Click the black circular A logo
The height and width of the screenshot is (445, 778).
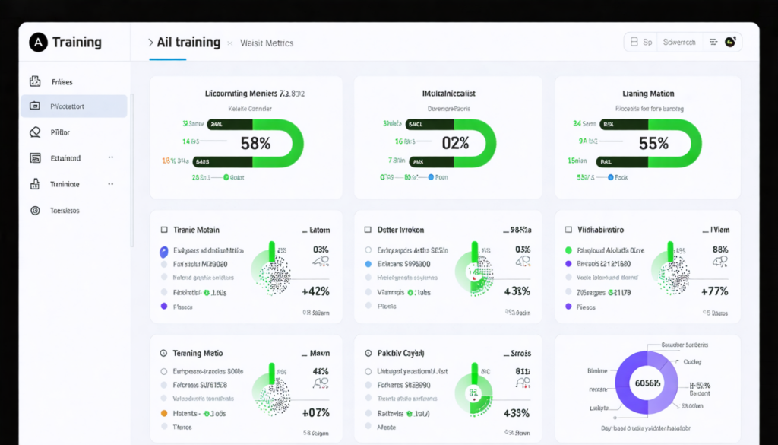39,43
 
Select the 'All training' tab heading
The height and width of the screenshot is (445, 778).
188,43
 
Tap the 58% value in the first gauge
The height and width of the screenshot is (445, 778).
255,143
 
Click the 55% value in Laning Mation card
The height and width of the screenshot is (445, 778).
653,143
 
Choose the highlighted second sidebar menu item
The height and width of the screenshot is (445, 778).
73,106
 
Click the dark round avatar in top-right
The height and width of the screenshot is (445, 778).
730,43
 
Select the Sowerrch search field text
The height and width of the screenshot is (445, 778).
679,43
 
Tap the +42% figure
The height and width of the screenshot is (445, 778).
315,291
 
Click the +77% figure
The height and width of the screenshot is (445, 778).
714,291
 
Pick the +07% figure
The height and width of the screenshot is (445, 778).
315,413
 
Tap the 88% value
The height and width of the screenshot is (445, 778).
720,250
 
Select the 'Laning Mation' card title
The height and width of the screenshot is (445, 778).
648,94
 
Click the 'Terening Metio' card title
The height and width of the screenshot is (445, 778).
197,354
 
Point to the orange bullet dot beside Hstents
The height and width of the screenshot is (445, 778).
163,413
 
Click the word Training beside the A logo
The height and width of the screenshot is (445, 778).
77,43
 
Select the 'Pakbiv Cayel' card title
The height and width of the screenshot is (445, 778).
400,354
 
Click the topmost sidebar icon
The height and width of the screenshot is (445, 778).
35,81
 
